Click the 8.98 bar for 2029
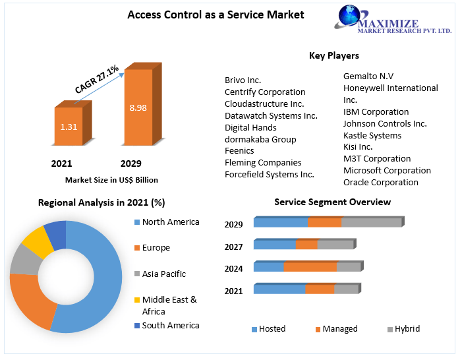(138, 107)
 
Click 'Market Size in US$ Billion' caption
(111, 179)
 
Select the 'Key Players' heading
(333, 55)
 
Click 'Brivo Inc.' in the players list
(243, 80)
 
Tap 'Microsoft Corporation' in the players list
(387, 170)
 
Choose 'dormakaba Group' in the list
(260, 139)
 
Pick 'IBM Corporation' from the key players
(376, 111)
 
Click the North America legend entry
(170, 222)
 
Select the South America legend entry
(170, 325)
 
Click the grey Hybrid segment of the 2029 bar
(371, 222)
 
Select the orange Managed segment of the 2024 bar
(310, 266)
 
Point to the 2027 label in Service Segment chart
(233, 247)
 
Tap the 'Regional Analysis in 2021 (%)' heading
(101, 202)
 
